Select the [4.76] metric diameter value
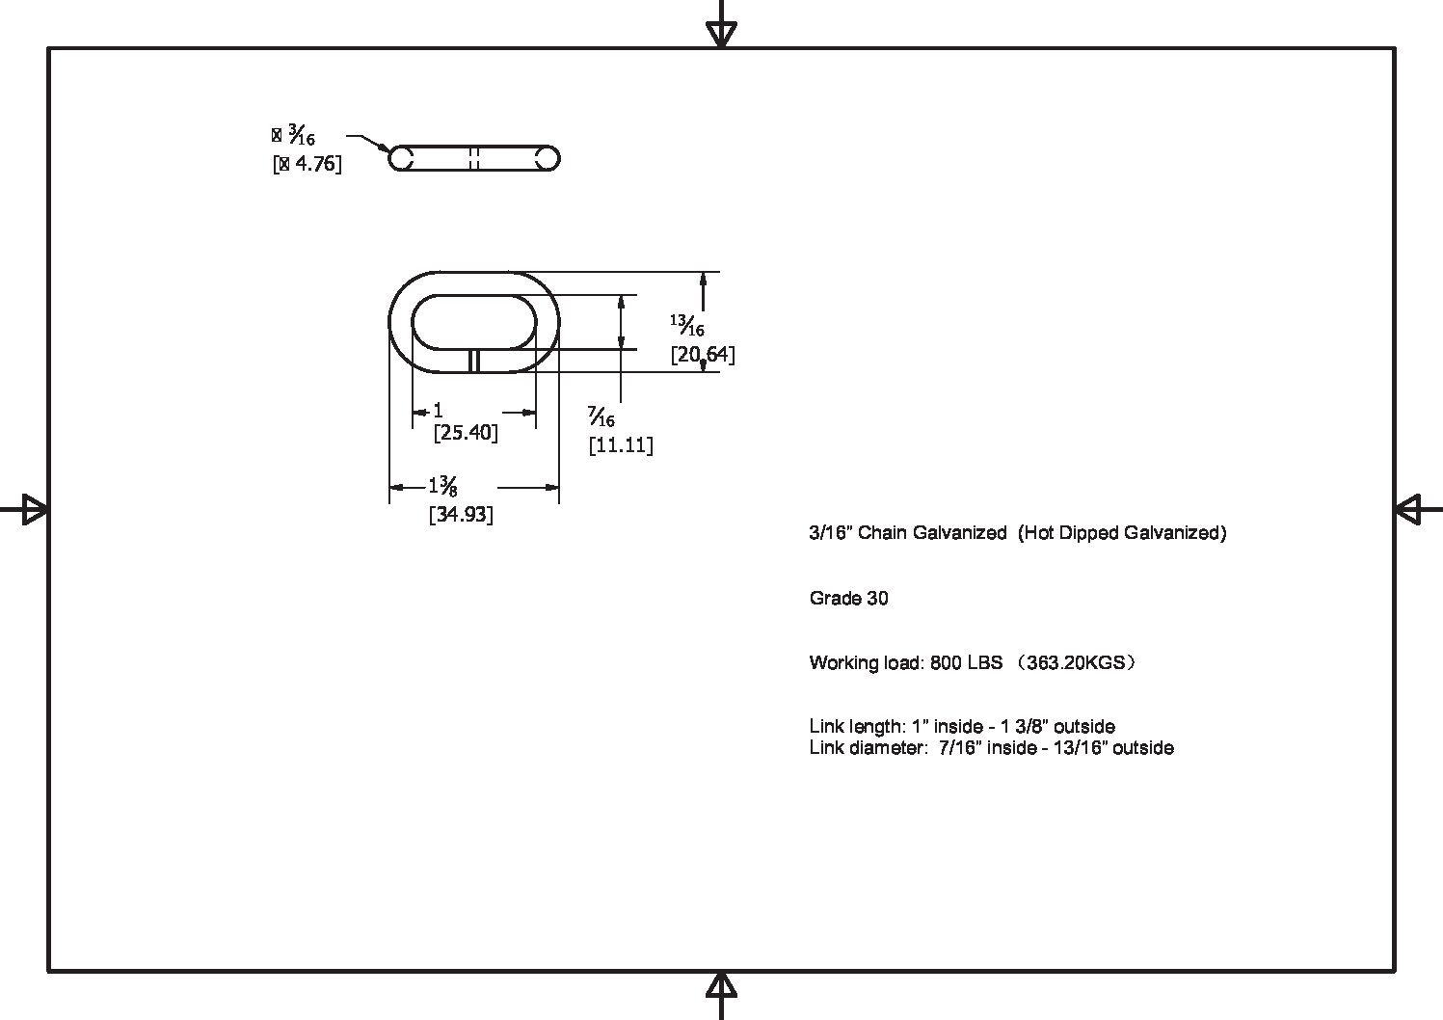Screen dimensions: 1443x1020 (307, 164)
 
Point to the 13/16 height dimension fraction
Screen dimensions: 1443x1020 (687, 326)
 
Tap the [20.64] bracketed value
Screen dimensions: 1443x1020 (703, 355)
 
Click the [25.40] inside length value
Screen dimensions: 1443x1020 (466, 432)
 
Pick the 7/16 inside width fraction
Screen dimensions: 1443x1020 (601, 416)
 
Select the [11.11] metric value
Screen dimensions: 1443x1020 (621, 445)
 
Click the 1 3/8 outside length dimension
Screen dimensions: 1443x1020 (443, 486)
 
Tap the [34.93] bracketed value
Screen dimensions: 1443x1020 (462, 515)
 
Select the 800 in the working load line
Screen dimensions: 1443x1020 (946, 662)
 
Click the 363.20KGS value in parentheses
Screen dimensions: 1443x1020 (1076, 662)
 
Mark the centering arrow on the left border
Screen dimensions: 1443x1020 (24, 510)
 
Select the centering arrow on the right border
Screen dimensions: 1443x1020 (1419, 510)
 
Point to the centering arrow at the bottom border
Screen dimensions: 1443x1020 (721, 996)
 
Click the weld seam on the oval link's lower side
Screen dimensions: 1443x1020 (473, 361)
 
